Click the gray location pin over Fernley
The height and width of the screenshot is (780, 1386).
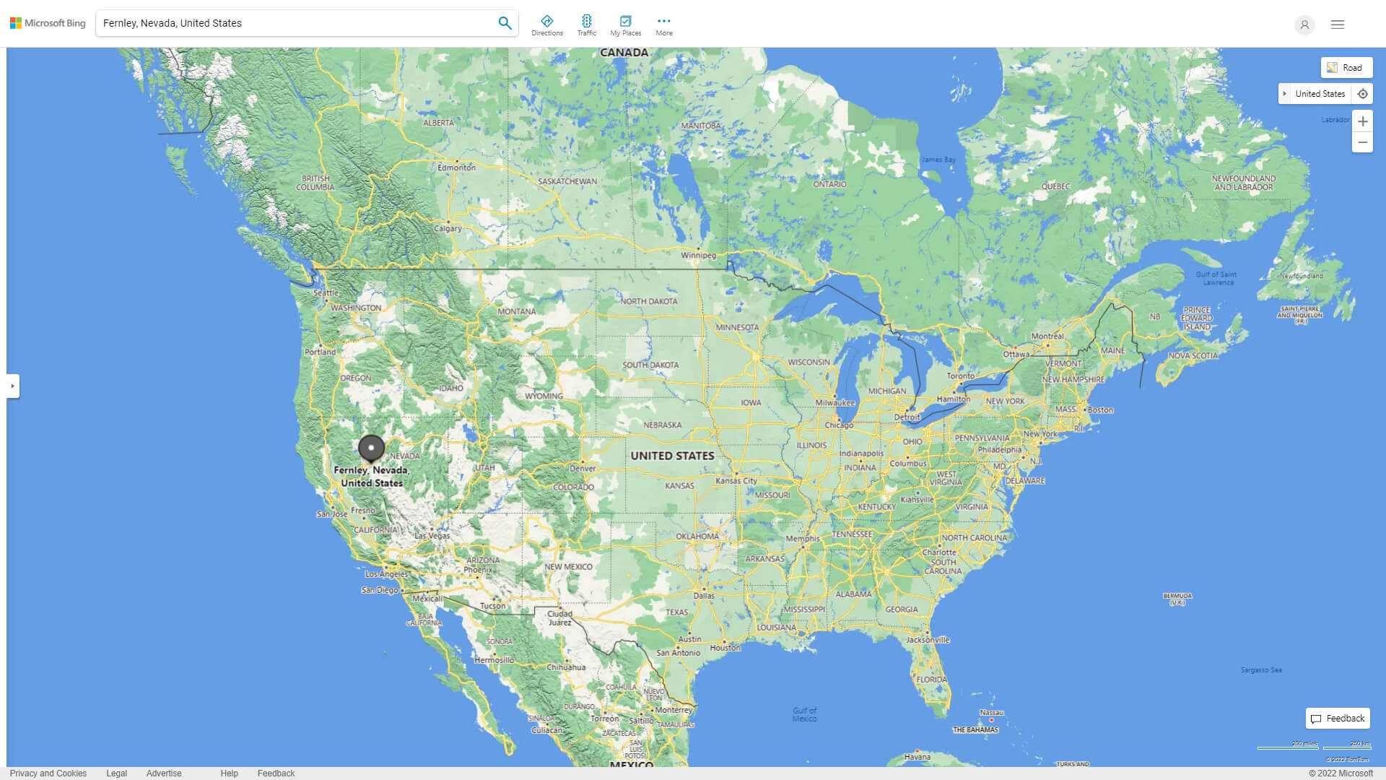(x=371, y=448)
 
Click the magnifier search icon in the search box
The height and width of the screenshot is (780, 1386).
(x=505, y=23)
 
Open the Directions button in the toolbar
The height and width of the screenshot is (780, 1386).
(x=546, y=25)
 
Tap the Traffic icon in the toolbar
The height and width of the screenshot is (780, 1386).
(x=586, y=25)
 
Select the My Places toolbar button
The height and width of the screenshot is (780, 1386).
(x=625, y=25)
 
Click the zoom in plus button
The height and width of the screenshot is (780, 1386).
(x=1362, y=121)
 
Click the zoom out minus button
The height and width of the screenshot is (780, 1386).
(x=1362, y=142)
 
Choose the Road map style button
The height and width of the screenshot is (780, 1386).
(x=1346, y=68)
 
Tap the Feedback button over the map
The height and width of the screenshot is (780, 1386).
(x=1338, y=718)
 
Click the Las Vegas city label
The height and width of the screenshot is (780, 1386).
(x=432, y=536)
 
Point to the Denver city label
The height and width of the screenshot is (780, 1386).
(x=583, y=468)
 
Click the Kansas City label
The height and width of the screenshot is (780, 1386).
(x=736, y=481)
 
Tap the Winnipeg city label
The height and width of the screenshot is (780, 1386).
(x=698, y=255)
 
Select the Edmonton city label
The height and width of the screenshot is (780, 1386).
(x=456, y=168)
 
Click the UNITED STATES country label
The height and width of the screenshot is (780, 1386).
(x=672, y=456)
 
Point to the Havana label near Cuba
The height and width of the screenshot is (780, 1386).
(x=917, y=757)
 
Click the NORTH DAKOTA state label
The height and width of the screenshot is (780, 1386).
(x=648, y=301)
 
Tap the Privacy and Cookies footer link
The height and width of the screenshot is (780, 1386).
(x=48, y=773)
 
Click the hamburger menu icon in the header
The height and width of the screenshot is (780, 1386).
(x=1337, y=25)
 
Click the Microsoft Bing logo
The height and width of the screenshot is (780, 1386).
(x=48, y=23)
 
